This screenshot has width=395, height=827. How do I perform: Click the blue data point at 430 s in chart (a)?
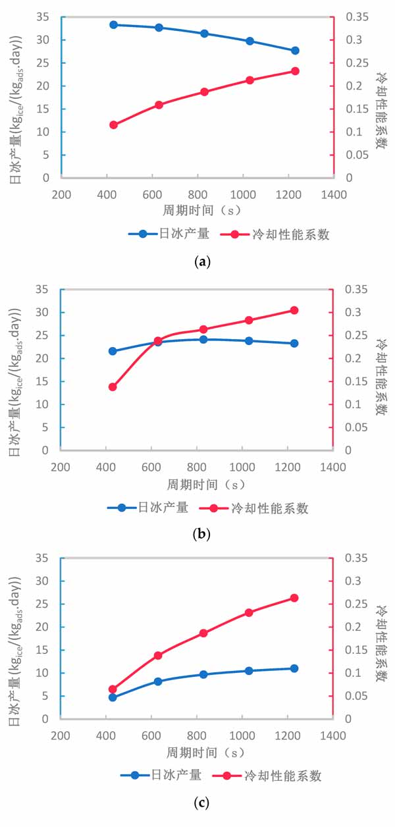[x=113, y=24]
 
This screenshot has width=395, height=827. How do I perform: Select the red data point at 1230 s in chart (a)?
[x=295, y=71]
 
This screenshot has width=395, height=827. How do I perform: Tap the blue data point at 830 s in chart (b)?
[x=203, y=340]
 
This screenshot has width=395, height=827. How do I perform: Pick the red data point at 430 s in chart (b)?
[x=113, y=387]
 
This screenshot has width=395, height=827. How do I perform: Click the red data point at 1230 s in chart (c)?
[x=294, y=598]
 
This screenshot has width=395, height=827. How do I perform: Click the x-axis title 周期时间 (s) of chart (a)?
[x=203, y=211]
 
